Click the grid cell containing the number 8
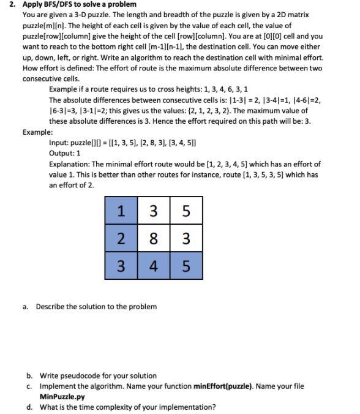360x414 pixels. (155, 237)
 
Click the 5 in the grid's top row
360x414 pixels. (186, 211)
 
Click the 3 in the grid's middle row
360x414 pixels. (186, 237)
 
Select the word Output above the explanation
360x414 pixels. (61, 152)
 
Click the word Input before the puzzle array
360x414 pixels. (58, 142)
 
